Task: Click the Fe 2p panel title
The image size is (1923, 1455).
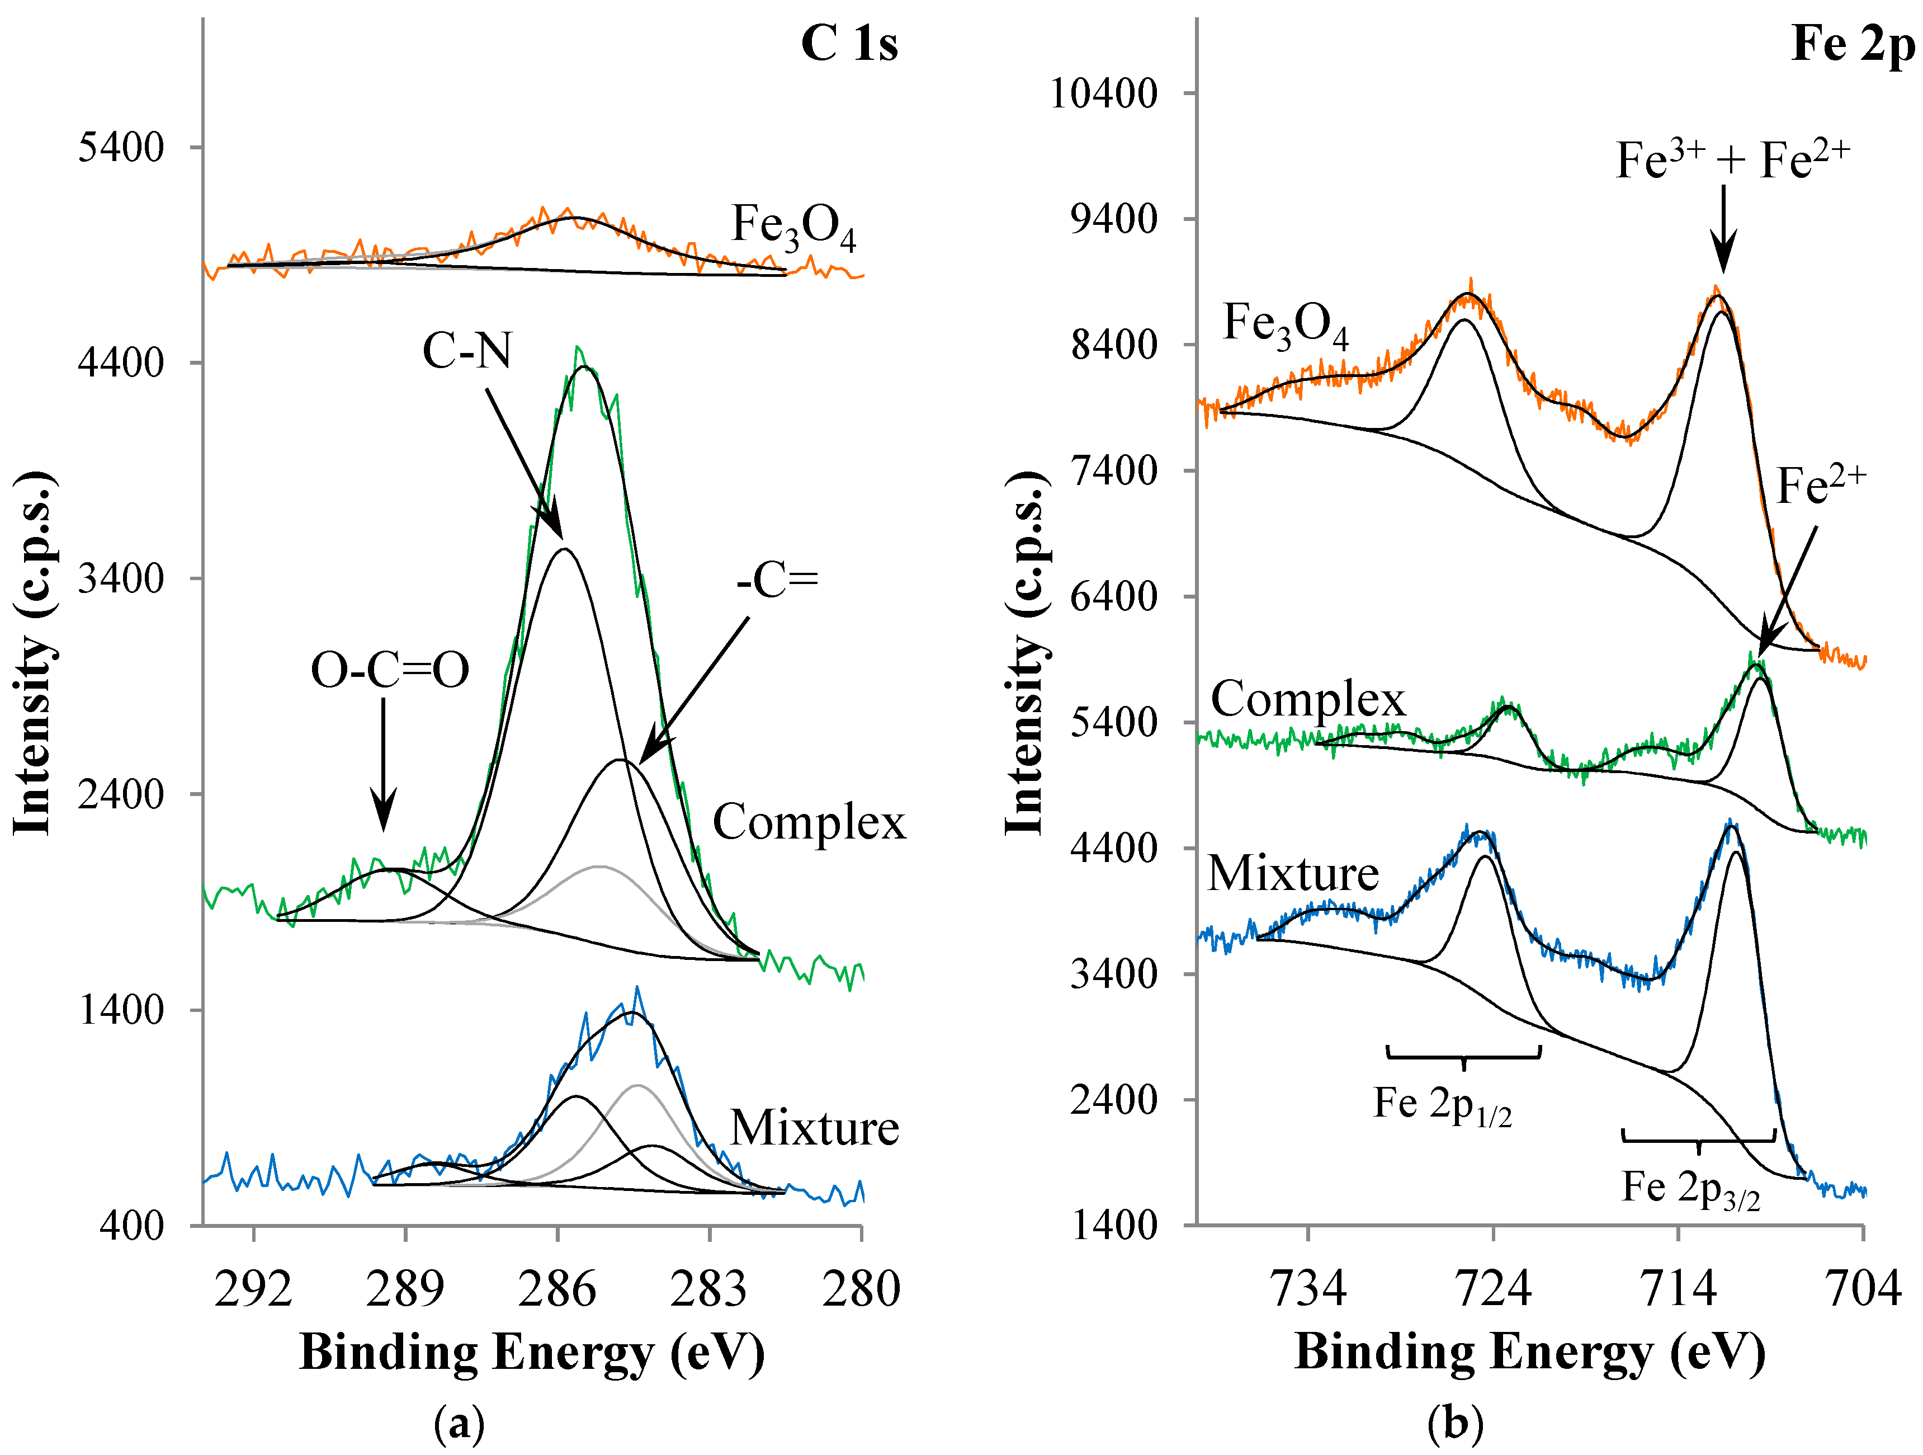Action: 1852,44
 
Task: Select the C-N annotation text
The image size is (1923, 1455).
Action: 467,351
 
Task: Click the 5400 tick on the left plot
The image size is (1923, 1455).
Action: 121,148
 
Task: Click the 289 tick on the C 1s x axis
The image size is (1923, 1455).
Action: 405,1289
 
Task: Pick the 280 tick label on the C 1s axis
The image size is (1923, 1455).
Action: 861,1289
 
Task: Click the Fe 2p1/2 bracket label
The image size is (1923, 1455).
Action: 1442,1105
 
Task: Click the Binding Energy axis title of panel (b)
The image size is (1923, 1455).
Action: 1529,1353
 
